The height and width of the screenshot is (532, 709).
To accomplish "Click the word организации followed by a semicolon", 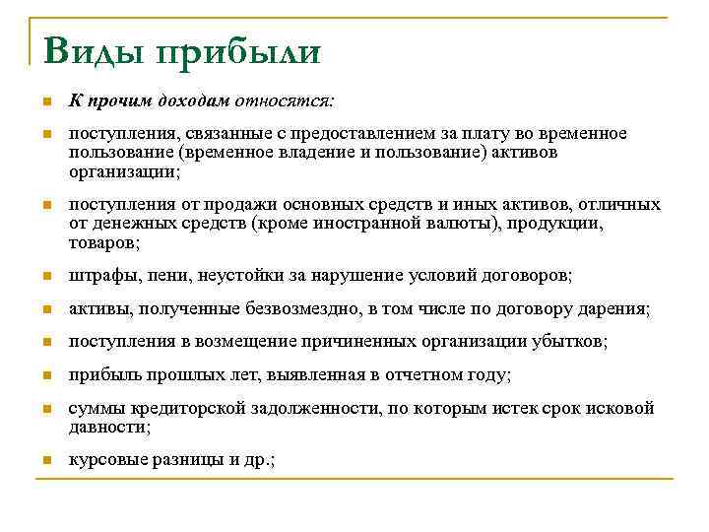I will [x=123, y=170].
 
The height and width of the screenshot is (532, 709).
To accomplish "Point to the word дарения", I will [x=614, y=309].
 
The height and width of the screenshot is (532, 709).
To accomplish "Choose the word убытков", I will [x=570, y=342].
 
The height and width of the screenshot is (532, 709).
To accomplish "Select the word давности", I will [x=107, y=427].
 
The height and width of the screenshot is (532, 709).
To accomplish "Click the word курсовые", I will [x=103, y=460].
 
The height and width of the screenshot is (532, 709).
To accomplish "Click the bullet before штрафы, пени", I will [x=45, y=276].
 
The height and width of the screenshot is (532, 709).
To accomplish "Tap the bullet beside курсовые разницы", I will [x=45, y=461].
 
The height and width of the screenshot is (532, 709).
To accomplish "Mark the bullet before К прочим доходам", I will [x=45, y=102].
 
